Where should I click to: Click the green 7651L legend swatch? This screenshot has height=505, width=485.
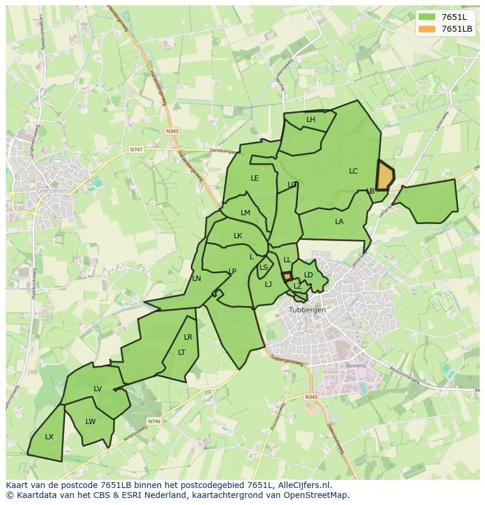427,16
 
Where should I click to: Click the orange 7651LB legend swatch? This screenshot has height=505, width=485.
427,29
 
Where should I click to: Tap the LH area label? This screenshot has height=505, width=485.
310,120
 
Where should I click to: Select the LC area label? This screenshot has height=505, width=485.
353,171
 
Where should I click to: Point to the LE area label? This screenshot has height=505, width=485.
255,178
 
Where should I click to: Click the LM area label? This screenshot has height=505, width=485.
245,213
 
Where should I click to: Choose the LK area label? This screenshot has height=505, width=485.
238,236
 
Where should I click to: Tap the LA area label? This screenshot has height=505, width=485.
339,222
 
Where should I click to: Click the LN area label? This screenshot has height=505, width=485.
197,279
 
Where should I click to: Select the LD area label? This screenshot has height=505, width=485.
309,275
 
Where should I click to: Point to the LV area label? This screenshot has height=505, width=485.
98,389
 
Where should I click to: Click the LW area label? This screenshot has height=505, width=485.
90,422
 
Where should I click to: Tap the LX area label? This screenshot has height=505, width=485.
49,437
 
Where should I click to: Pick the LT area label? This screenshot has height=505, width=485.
182,353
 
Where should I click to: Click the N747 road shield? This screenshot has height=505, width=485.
136,150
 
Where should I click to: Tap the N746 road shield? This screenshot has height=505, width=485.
154,421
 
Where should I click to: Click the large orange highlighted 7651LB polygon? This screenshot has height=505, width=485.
385,176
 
